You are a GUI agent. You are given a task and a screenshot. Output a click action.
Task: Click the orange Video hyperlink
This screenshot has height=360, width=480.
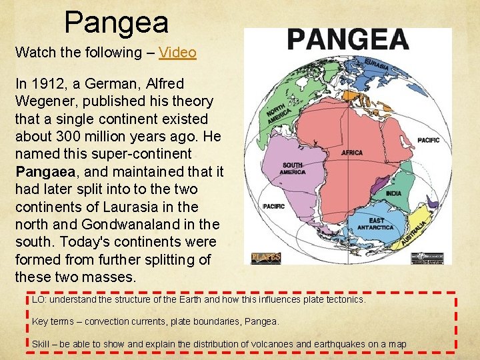pos(177,52)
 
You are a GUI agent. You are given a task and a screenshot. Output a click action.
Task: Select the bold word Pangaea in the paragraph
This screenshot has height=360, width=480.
pos(41,171)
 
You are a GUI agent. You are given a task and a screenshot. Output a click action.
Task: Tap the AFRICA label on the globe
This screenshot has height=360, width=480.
pos(351,153)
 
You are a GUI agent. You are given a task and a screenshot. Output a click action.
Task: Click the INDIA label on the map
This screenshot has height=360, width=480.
pos(394,194)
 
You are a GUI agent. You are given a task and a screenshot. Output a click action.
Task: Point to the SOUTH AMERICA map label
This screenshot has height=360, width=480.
pos(293,168)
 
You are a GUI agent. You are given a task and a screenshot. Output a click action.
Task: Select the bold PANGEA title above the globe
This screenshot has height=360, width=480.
pos(347,40)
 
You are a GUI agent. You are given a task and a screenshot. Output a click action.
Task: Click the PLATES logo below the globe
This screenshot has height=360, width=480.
pos(265,257)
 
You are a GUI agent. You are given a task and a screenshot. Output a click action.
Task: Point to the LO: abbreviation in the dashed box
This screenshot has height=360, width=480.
pos(39,299)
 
